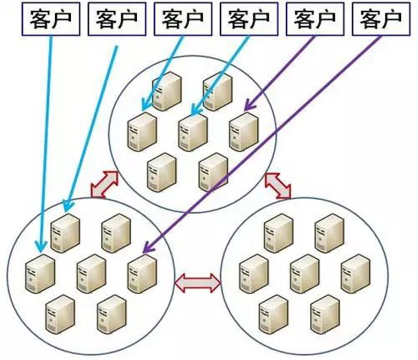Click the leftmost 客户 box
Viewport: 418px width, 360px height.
click(x=50, y=21)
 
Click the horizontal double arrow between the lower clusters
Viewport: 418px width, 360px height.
click(x=198, y=282)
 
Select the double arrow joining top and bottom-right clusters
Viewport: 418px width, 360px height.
click(x=278, y=185)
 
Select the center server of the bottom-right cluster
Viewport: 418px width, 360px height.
click(x=304, y=273)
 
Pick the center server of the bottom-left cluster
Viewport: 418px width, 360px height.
click(x=91, y=273)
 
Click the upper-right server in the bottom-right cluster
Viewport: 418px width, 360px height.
click(x=329, y=233)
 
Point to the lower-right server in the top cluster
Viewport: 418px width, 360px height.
click(x=213, y=171)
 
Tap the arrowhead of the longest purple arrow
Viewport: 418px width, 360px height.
click(x=145, y=249)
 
